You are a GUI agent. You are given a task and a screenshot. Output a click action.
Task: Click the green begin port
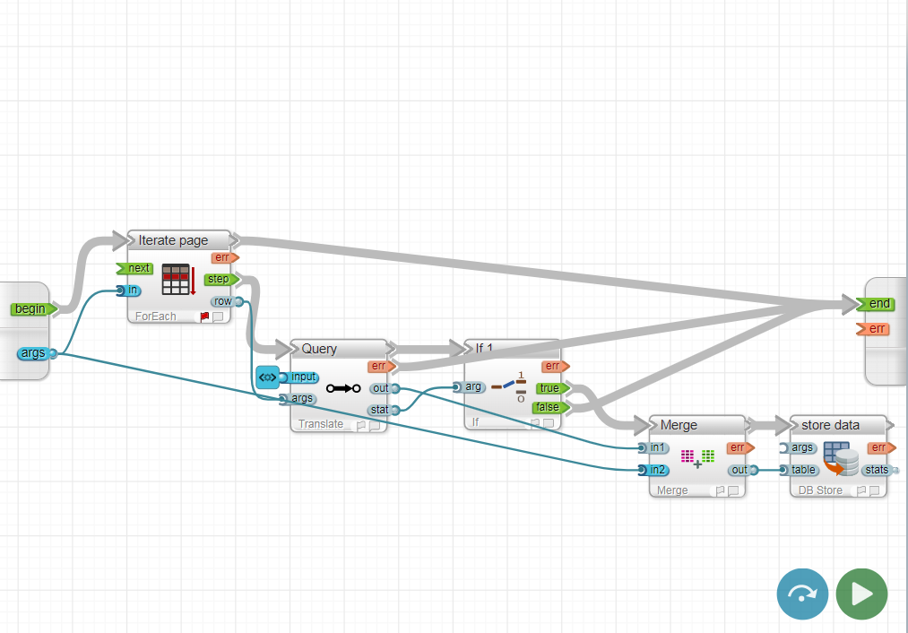[31, 309]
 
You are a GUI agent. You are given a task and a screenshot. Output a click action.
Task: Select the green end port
[878, 304]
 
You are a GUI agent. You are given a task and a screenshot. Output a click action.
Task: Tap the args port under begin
[35, 353]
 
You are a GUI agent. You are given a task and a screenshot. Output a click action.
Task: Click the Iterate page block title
[173, 240]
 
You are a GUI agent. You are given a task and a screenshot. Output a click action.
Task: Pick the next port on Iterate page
[137, 268]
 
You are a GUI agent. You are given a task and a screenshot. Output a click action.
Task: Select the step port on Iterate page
[220, 280]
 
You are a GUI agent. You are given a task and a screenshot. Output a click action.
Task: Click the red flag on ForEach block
[204, 316]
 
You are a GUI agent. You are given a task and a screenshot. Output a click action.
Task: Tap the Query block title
[319, 349]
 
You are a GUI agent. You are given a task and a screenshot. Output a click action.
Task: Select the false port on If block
[549, 407]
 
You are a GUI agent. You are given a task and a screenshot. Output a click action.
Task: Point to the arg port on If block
[471, 387]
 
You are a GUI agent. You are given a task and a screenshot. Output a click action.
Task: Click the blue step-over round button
[802, 594]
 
